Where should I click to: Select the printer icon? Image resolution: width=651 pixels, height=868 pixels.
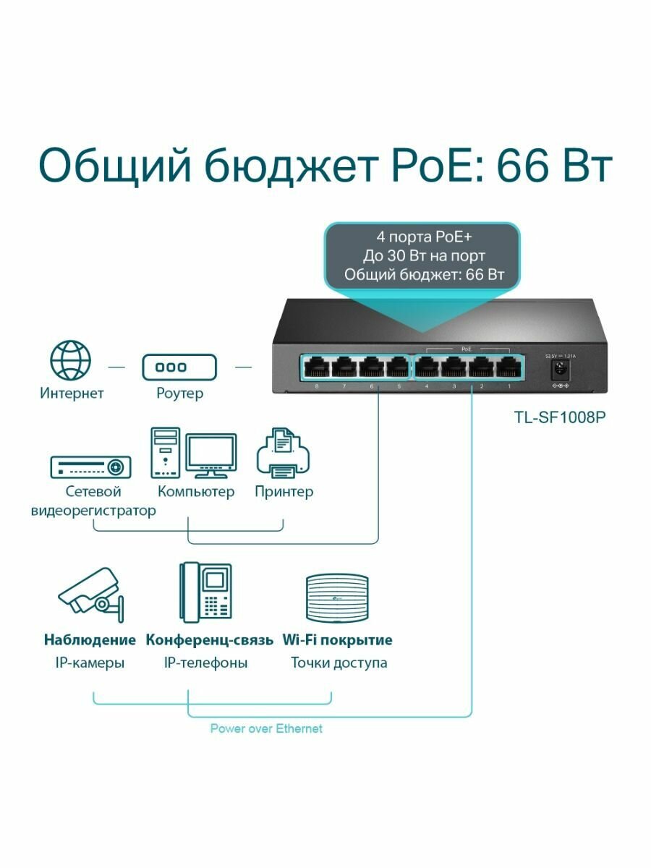[x=284, y=453]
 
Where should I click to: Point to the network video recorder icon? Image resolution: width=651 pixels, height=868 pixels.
[x=90, y=467]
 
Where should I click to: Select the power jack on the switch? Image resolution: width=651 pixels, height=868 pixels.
[x=558, y=370]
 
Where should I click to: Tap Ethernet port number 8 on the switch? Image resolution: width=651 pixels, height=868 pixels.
[x=317, y=367]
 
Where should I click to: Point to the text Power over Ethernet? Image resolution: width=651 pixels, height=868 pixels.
[x=266, y=728]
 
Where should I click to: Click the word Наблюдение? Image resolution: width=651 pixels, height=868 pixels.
[x=90, y=640]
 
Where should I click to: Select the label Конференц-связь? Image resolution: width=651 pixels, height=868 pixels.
[x=210, y=640]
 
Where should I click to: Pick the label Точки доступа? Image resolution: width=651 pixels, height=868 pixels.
[x=339, y=663]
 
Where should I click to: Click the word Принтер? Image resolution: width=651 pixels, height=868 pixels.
[x=284, y=492]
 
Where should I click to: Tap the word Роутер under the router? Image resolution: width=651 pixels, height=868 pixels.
[x=179, y=393]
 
